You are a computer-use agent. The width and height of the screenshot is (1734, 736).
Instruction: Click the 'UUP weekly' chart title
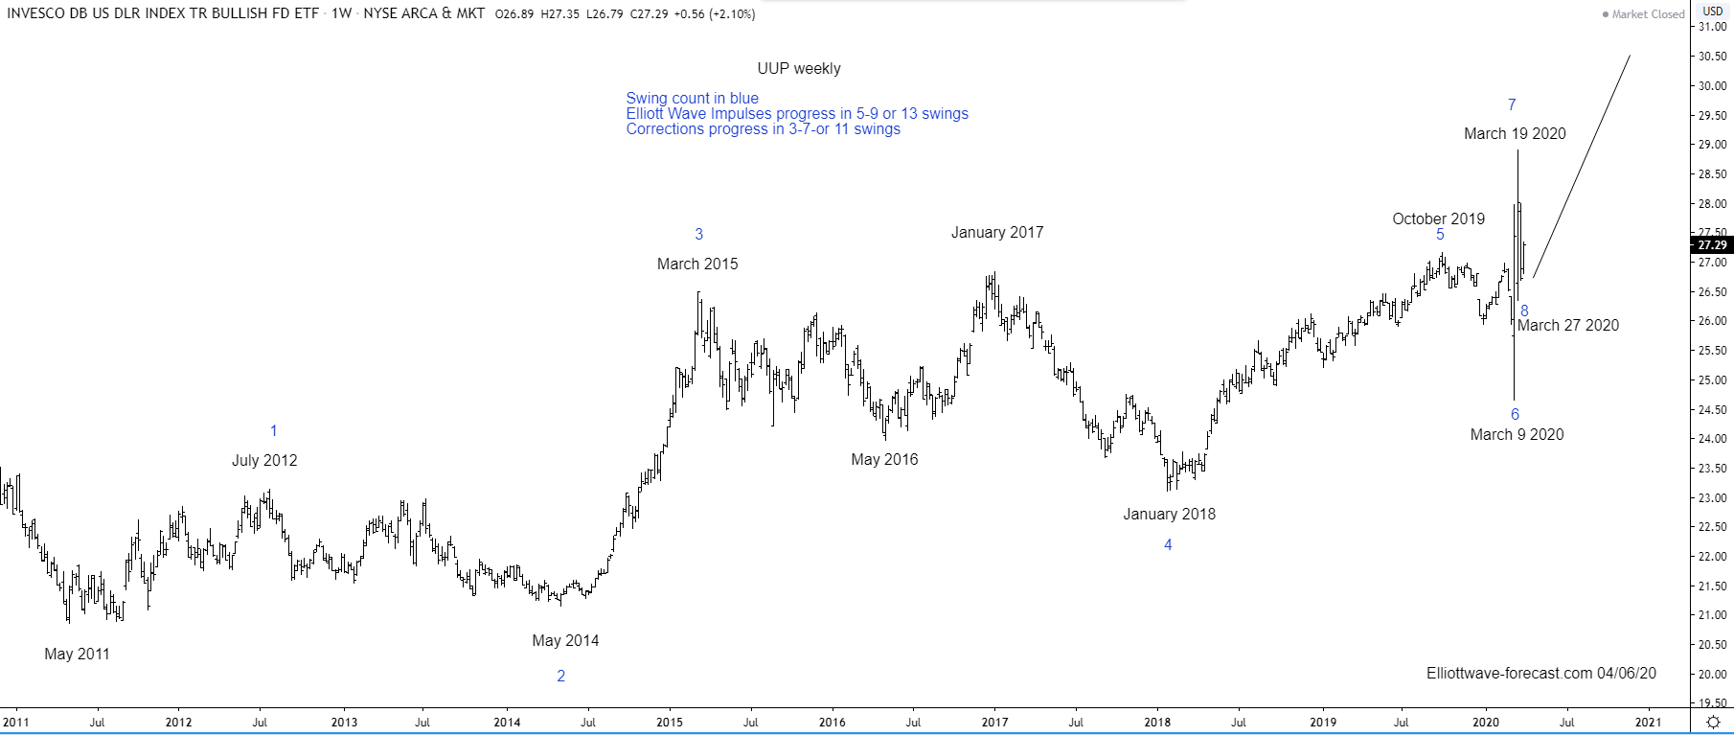(799, 69)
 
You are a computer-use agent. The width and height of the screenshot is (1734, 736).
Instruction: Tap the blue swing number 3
(699, 234)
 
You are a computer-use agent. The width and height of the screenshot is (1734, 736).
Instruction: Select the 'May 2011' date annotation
(77, 655)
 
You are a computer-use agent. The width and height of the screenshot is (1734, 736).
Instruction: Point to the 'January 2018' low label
(1169, 515)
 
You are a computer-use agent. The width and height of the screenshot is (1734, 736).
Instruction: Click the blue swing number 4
(1168, 545)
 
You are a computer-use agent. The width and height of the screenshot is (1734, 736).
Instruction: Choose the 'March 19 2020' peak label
(1515, 134)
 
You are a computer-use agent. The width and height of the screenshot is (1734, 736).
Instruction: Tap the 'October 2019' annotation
(1438, 219)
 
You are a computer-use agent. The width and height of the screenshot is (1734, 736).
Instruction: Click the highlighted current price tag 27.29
(1711, 245)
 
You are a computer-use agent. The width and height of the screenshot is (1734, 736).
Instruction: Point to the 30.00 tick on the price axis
(1712, 86)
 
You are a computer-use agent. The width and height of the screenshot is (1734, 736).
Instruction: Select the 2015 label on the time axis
(670, 723)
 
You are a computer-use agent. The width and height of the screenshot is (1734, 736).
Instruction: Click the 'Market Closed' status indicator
(1643, 14)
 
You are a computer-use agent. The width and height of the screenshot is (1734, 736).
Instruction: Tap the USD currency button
(1712, 11)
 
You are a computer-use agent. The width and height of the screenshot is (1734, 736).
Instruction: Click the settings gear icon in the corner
(1713, 722)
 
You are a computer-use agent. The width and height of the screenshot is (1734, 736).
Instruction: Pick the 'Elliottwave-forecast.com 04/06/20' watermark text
(1540, 674)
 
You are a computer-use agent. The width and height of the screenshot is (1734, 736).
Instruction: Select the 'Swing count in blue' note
(692, 99)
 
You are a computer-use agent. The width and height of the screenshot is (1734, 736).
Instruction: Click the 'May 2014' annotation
(565, 641)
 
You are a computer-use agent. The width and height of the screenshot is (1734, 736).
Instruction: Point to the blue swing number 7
(1512, 105)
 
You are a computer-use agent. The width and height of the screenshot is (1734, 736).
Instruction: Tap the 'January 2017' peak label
(997, 233)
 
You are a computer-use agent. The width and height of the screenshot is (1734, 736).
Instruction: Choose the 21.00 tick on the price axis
(1712, 615)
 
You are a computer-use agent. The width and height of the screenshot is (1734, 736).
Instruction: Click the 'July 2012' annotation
(264, 461)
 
